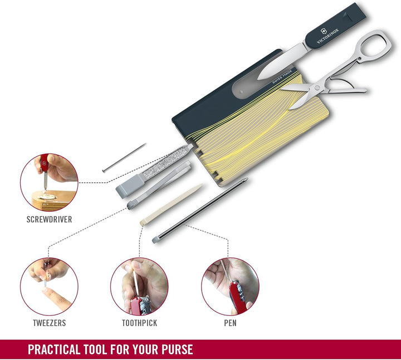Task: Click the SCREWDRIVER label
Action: tap(50, 219)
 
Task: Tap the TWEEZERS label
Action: tap(50, 323)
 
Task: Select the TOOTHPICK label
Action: tap(139, 323)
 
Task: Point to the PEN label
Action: tap(230, 323)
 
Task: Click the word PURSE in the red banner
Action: tap(177, 349)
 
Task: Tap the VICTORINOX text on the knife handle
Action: tap(327, 36)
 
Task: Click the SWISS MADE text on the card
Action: tap(282, 77)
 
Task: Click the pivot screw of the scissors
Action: tap(317, 87)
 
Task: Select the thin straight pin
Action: tap(124, 158)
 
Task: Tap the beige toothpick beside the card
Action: tap(171, 205)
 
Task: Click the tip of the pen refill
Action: tap(246, 179)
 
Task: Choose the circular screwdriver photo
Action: tap(49, 182)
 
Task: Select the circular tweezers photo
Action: tap(49, 286)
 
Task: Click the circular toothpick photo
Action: tap(139, 286)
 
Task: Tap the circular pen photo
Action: tap(230, 286)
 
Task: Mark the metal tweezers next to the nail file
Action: tap(159, 184)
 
